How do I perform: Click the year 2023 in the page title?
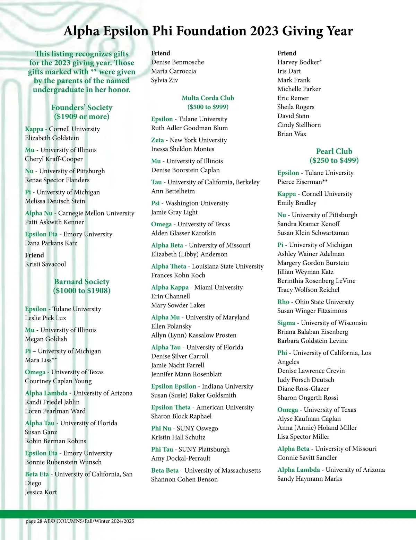(265, 31)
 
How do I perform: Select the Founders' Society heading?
(82, 107)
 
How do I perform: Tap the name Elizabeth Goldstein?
(52, 138)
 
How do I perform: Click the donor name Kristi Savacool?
(45, 264)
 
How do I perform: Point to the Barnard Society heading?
(82, 281)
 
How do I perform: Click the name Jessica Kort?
(41, 492)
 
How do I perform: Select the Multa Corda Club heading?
(208, 98)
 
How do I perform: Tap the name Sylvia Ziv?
(165, 80)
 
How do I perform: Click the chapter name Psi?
(155, 203)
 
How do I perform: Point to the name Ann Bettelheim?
(173, 191)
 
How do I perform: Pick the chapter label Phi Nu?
(161, 428)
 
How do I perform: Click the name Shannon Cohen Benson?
(184, 479)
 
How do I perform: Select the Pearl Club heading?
(334, 151)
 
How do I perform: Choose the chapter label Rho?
(283, 302)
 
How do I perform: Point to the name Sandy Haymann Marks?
(310, 479)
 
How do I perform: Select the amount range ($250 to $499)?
(334, 160)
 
